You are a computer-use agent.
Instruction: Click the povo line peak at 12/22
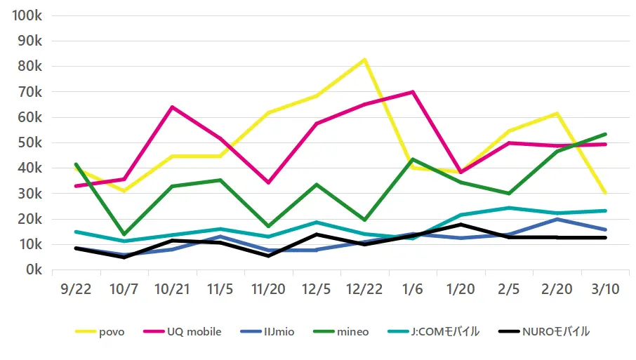pyautogui.click(x=364, y=60)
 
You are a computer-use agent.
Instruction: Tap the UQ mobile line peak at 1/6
pyautogui.click(x=413, y=92)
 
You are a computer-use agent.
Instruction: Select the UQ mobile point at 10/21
pyautogui.click(x=172, y=107)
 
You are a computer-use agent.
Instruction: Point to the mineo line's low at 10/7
pyautogui.click(x=124, y=234)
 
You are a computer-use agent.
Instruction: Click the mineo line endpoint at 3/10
pyautogui.click(x=605, y=134)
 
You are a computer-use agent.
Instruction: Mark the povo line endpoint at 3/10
pyautogui.click(x=605, y=193)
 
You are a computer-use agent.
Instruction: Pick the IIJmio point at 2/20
pyautogui.click(x=557, y=219)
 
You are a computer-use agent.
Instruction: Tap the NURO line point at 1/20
pyautogui.click(x=461, y=225)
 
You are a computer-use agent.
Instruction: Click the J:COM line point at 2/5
pyautogui.click(x=509, y=208)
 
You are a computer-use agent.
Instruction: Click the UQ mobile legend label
pyautogui.click(x=193, y=331)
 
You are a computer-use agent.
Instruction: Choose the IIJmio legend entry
pyautogui.click(x=279, y=331)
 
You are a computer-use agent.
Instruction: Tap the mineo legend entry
pyautogui.click(x=353, y=331)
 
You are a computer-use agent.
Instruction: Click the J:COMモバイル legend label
pyautogui.click(x=445, y=331)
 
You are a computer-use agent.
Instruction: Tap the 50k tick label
pyautogui.click(x=31, y=143)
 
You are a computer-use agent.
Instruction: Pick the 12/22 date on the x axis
pyautogui.click(x=364, y=289)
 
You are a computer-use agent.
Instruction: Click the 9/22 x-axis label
pyautogui.click(x=76, y=289)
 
